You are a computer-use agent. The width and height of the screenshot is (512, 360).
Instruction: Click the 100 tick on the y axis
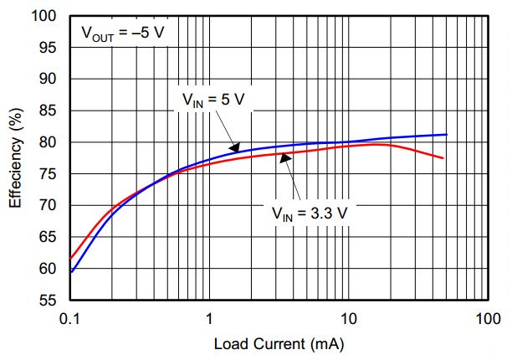pyautogui.click(x=49, y=16)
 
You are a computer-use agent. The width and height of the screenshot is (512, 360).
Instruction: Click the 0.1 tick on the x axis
pyautogui.click(x=70, y=318)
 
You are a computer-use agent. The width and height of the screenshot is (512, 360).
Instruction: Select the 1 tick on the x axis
pyautogui.click(x=209, y=318)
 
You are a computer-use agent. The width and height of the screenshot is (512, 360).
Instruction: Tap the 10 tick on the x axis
pyautogui.click(x=348, y=318)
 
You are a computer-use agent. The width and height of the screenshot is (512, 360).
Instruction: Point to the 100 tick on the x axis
pyautogui.click(x=487, y=318)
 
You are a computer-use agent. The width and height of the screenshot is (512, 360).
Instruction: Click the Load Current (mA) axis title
pyautogui.click(x=279, y=344)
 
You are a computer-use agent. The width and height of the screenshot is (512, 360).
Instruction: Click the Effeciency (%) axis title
pyautogui.click(x=15, y=159)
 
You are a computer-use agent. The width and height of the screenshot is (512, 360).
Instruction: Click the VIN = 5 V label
pyautogui.click(x=213, y=99)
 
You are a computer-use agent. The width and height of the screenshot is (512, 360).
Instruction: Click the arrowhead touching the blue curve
pyautogui.click(x=237, y=148)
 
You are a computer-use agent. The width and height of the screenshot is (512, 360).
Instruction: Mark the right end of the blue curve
pyautogui.click(x=446, y=134)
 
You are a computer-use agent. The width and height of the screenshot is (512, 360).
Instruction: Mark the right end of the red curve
pyautogui.click(x=443, y=158)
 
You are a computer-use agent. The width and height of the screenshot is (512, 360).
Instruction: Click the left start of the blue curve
pyautogui.click(x=72, y=271)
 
